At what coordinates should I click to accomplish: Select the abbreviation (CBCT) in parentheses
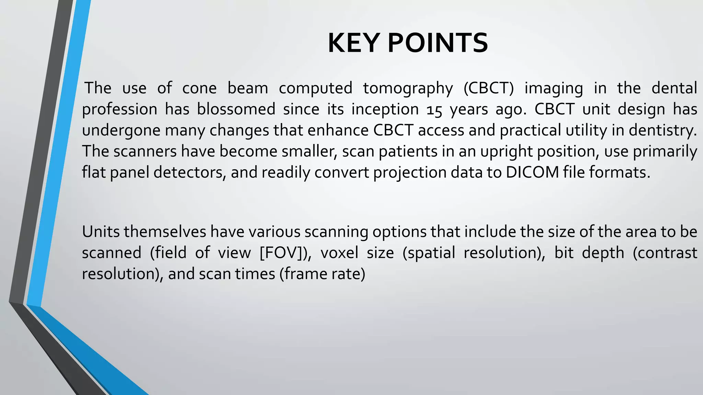point(488,88)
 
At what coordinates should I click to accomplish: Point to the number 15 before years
point(434,110)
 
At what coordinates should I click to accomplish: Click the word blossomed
point(236,109)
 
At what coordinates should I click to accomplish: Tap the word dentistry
point(663,131)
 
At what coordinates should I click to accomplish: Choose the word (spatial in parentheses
point(428,253)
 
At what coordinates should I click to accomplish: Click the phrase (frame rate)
point(322,274)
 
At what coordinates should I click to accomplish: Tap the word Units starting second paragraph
point(101,232)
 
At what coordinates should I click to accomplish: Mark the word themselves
point(165,232)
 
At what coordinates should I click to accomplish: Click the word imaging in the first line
point(554,88)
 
